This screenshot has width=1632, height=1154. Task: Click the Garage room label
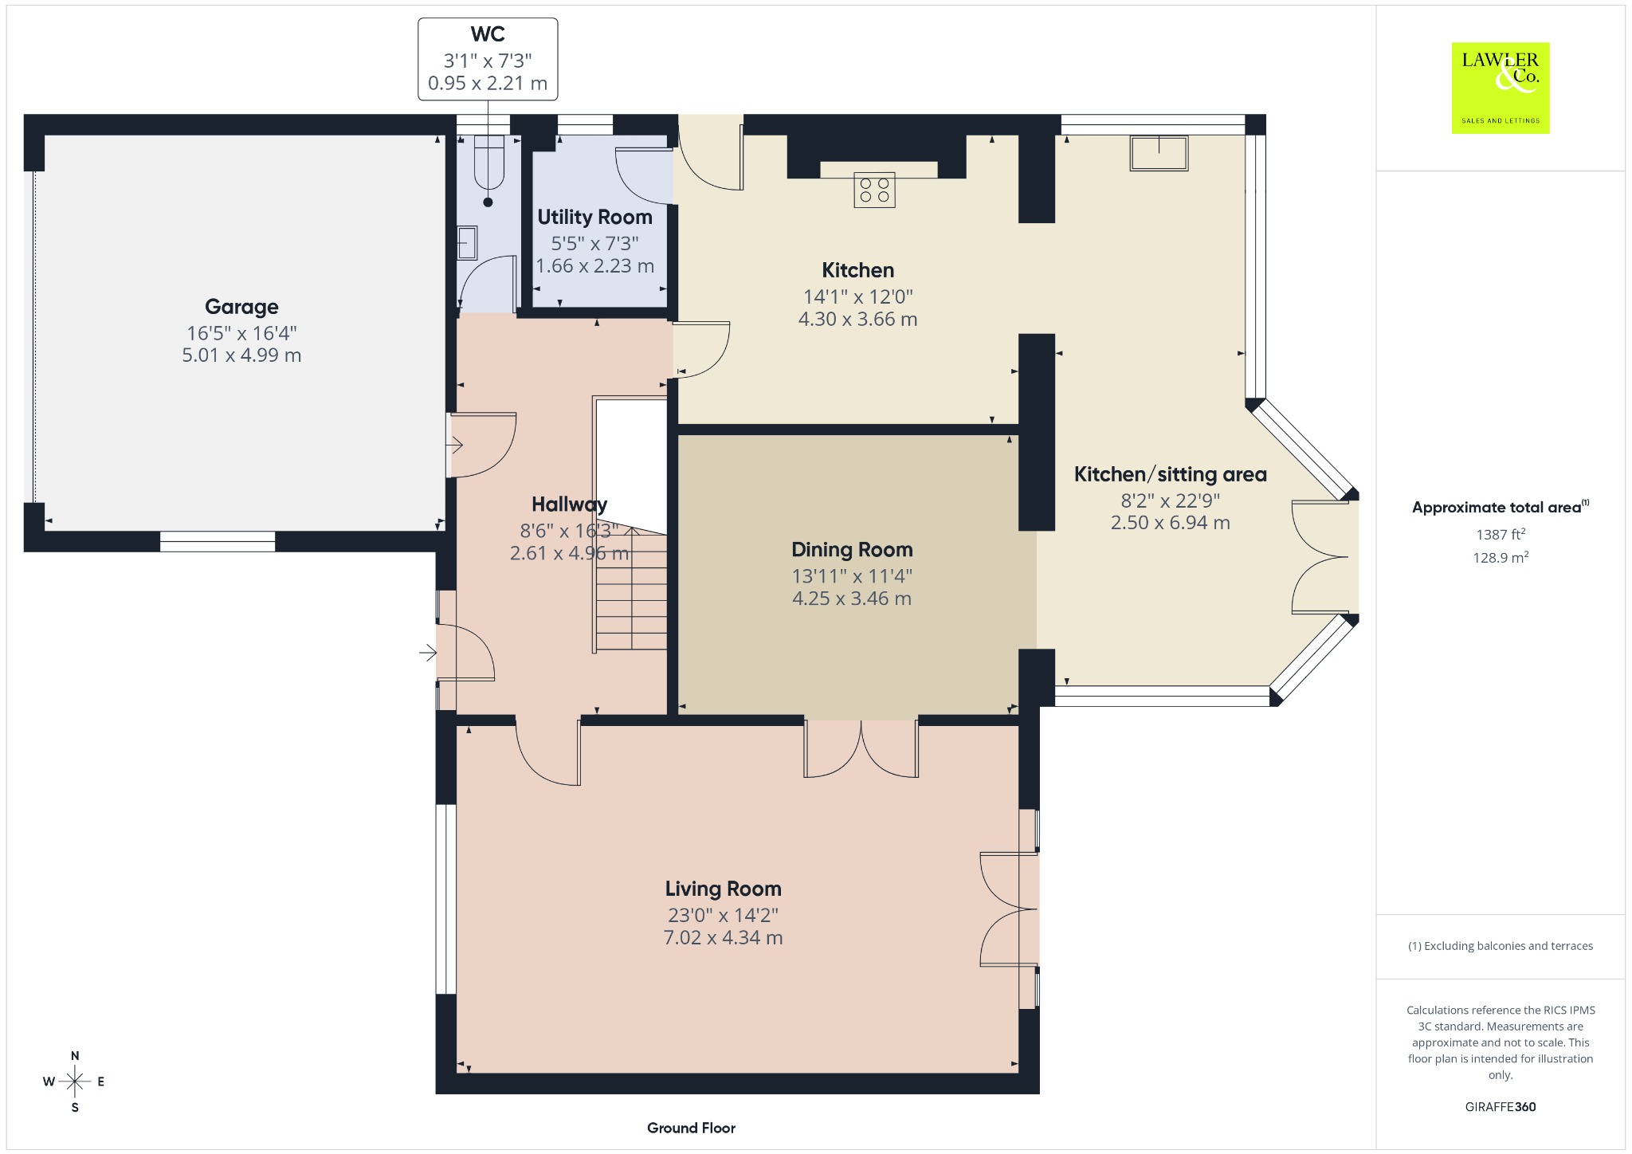tap(241, 307)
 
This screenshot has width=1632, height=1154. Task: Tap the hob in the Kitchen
tap(874, 190)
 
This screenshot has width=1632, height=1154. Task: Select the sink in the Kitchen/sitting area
tap(1159, 153)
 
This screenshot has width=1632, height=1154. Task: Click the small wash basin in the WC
tap(468, 243)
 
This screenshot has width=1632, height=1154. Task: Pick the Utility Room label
tap(594, 217)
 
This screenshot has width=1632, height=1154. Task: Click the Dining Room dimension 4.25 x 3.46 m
tap(852, 599)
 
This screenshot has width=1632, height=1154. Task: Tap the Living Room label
tap(724, 889)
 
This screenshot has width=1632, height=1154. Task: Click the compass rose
tap(75, 1081)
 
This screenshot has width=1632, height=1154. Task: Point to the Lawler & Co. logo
tap(1501, 88)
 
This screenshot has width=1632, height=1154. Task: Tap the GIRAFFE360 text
tap(1501, 1107)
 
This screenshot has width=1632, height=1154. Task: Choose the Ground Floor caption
tap(691, 1128)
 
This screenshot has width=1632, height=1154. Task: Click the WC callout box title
tap(488, 34)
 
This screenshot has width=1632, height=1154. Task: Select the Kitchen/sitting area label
tap(1170, 474)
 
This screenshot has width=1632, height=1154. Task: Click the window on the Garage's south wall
tap(218, 541)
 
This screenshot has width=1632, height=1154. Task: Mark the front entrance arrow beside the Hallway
tap(429, 654)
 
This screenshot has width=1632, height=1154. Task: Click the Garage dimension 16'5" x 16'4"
tap(241, 333)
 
